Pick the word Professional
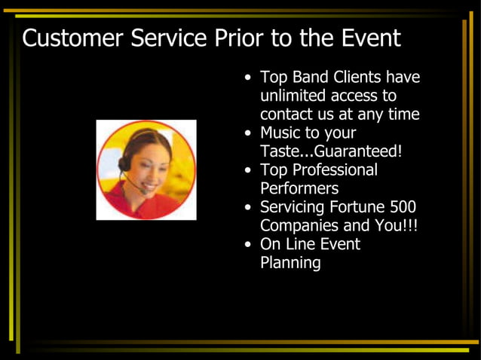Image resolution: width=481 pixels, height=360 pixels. pos(334,170)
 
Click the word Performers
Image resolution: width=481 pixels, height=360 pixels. pos(299,188)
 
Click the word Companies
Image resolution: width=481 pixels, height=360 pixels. pos(302,225)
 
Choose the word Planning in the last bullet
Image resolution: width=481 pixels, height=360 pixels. pos(290,263)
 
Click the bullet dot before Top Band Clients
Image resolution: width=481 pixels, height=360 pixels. pos(249,78)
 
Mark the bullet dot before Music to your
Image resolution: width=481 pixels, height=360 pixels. pos(249,134)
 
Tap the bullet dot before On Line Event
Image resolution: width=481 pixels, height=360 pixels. pos(249,245)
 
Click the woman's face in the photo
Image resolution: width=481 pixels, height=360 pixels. pos(152,164)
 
